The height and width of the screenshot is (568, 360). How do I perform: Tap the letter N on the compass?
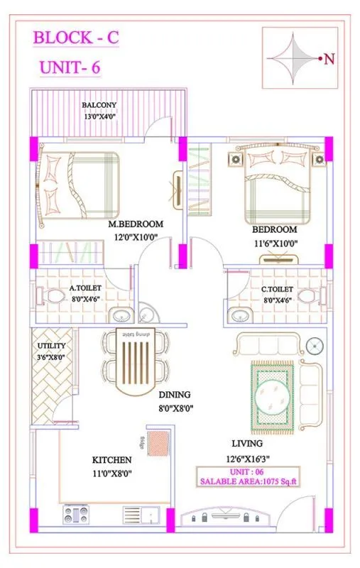click(x=329, y=60)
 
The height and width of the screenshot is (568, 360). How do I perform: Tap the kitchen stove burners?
click(x=75, y=513)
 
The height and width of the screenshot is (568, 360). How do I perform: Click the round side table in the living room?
click(x=313, y=346)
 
